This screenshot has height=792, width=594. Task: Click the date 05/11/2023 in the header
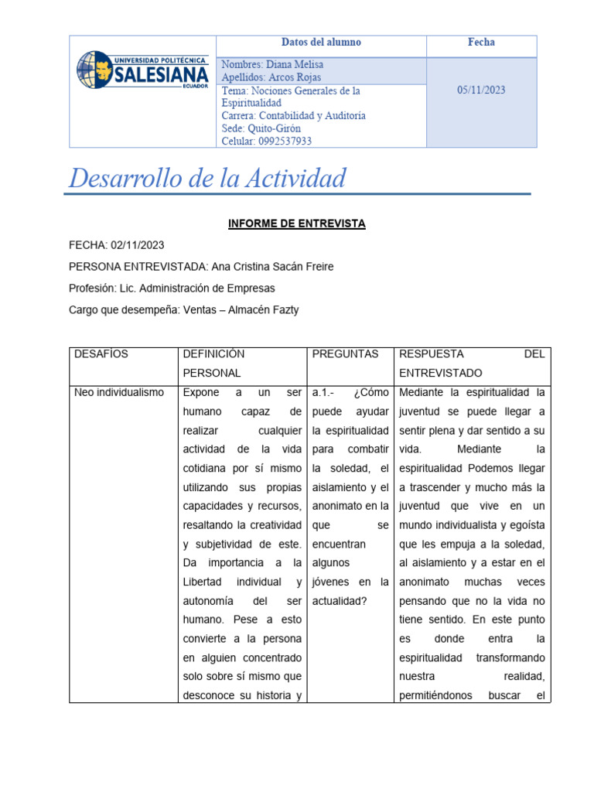(481, 90)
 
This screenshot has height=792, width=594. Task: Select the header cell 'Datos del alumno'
(321, 43)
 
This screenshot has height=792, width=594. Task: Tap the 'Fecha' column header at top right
(481, 43)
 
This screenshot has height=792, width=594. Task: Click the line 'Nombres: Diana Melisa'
(272, 65)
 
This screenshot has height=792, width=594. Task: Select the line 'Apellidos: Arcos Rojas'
(271, 77)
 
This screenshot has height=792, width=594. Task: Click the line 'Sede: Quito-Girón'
(261, 128)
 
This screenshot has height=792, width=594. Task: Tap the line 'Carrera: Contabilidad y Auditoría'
(293, 116)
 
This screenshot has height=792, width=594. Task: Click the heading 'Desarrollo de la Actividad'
(207, 179)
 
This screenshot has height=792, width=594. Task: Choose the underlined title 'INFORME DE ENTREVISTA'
(296, 224)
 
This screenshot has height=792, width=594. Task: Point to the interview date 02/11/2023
(138, 245)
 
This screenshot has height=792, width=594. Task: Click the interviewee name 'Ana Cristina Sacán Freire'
(272, 267)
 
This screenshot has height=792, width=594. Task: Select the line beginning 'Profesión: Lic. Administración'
(172, 288)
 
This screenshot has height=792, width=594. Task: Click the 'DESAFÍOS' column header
(101, 354)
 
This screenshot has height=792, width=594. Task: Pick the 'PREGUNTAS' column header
(345, 354)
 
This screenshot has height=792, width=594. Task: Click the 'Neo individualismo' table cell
(119, 392)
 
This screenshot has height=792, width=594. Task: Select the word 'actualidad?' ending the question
(342, 601)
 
